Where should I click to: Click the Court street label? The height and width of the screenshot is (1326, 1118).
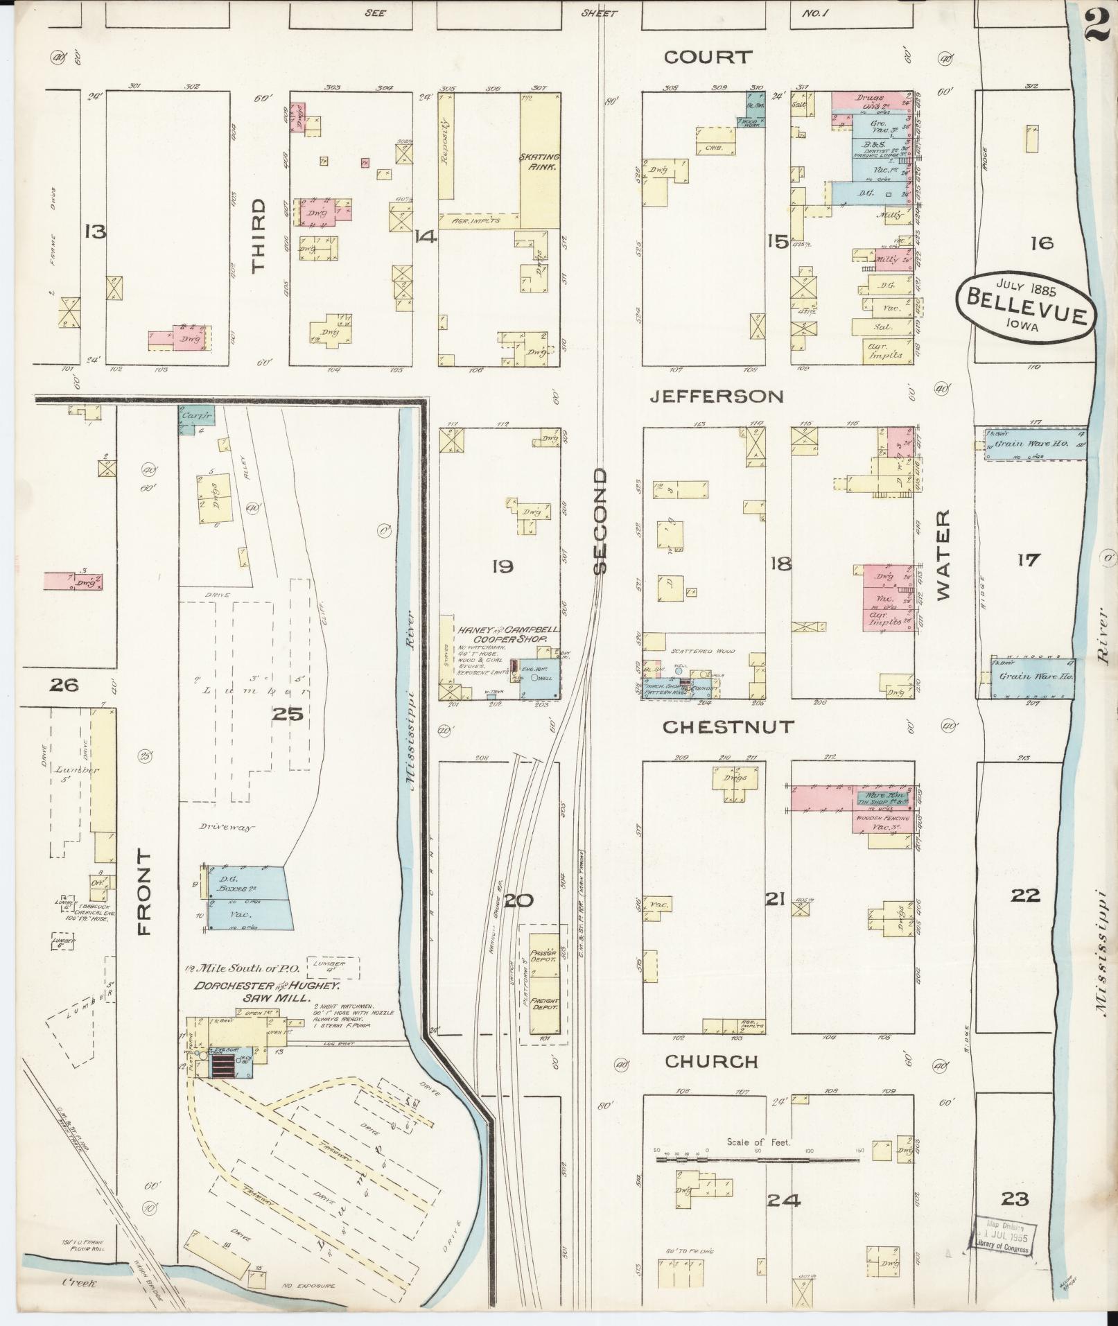tap(707, 57)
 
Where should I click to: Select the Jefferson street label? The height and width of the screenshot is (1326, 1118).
tap(717, 396)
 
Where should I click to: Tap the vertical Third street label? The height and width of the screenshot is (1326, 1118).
tap(259, 236)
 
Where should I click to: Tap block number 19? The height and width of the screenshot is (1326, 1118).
tap(502, 566)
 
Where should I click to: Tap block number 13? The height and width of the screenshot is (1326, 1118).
tap(94, 232)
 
